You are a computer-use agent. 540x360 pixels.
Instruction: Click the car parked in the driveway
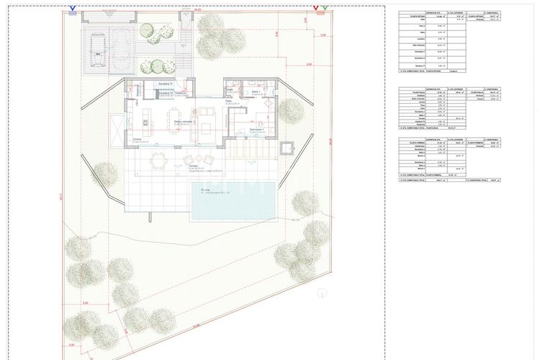(x=95, y=48)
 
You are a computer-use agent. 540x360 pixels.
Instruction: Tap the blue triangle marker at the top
(x=73, y=9)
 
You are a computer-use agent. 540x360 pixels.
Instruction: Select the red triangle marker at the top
(x=316, y=9)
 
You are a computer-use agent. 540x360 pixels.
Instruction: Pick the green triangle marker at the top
(x=325, y=9)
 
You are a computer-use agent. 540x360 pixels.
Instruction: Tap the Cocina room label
(x=137, y=140)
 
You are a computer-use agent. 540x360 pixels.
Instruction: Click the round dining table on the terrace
(x=156, y=161)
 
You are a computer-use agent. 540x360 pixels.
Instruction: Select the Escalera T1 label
(x=166, y=84)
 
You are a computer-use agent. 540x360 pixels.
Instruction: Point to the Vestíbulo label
(x=181, y=92)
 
